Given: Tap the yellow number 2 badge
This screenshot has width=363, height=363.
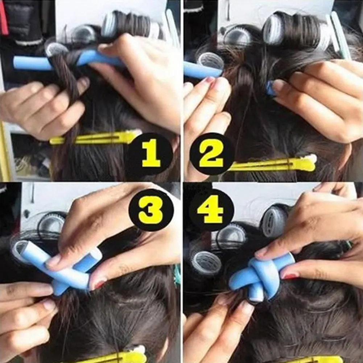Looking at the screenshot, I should pyautogui.click(x=211, y=154).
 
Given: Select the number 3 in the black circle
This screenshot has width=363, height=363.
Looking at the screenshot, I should pyautogui.click(x=151, y=210).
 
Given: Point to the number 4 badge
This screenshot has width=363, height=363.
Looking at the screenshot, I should pyautogui.click(x=211, y=210).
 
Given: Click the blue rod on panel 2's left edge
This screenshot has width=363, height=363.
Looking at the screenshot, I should pyautogui.click(x=199, y=70).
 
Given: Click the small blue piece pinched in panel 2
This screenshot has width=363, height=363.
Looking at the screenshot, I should pyautogui.click(x=270, y=88).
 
